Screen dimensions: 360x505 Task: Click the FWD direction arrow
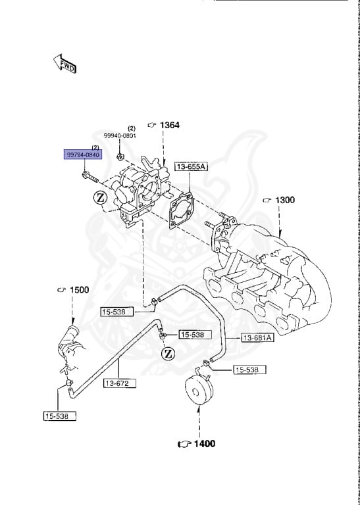tap(64, 63)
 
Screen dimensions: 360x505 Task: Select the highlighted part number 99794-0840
tap(82, 155)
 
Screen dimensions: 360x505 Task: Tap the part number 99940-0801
tap(120, 136)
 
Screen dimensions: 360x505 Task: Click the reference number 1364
tap(170, 125)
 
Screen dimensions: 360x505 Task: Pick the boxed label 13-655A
tap(191, 166)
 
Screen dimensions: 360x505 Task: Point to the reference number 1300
tap(285, 200)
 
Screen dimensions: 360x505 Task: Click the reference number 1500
tap(79, 290)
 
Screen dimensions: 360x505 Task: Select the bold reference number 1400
tap(204, 444)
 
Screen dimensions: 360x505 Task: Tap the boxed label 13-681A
tap(257, 338)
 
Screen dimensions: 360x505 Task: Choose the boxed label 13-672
tap(120, 383)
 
